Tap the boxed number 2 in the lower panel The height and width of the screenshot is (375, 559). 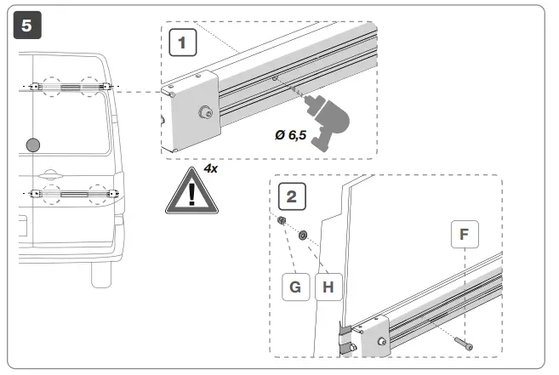point(291,197)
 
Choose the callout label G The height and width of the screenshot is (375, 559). point(295,287)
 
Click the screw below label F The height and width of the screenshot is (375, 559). point(465,343)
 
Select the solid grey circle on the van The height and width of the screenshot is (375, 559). point(34,145)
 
